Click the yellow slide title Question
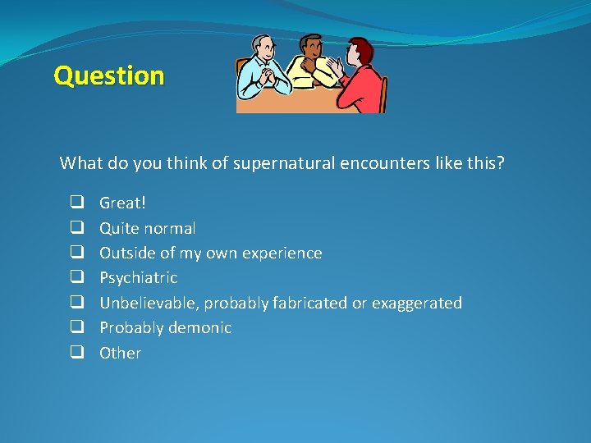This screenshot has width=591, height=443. (x=109, y=76)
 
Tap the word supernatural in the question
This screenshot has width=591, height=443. (x=283, y=163)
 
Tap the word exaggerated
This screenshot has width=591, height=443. (x=416, y=304)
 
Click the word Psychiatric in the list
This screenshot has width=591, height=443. (x=138, y=278)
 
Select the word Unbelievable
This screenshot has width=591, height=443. (x=149, y=304)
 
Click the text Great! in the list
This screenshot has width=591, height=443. (x=122, y=203)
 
